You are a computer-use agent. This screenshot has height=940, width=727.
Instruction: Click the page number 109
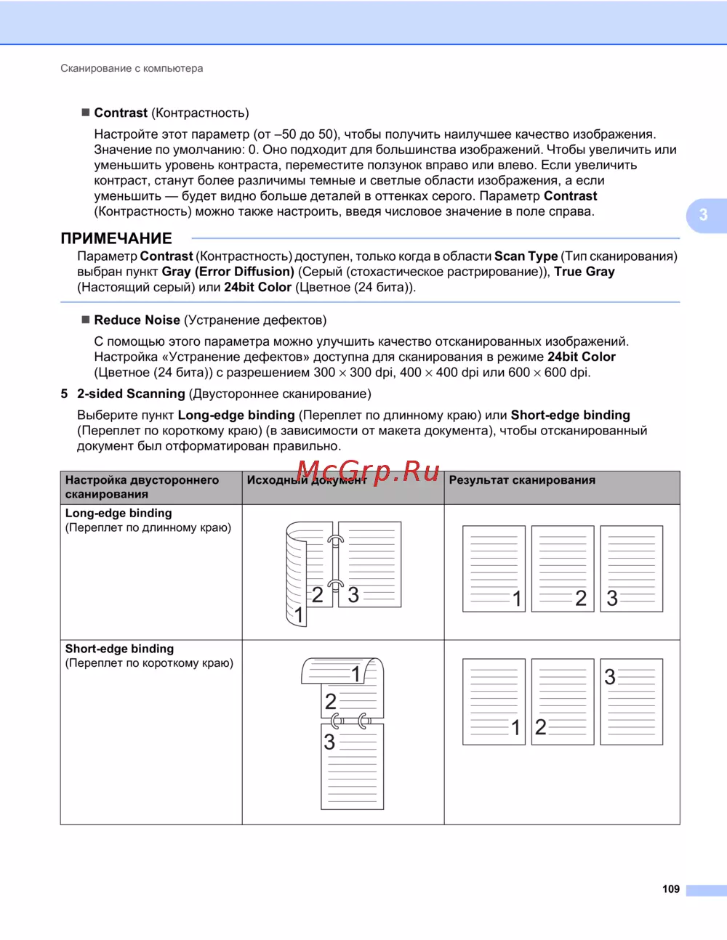tap(670, 889)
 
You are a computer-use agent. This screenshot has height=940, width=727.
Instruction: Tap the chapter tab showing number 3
tap(704, 215)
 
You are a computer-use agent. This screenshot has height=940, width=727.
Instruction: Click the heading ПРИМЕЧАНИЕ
tap(116, 238)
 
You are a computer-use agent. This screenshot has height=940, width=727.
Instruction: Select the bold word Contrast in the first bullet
tap(121, 113)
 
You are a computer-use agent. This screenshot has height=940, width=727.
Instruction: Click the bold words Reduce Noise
tap(137, 320)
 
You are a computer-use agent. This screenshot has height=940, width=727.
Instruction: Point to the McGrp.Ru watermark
tap(368, 471)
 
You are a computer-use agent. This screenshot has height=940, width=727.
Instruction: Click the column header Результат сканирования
tap(522, 480)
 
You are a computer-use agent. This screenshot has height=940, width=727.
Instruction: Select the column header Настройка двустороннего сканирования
tap(142, 487)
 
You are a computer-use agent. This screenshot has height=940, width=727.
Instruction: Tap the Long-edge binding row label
tap(119, 513)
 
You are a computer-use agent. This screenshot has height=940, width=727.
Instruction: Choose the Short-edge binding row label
tap(119, 649)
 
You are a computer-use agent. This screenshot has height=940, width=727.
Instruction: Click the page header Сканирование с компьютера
tap(132, 68)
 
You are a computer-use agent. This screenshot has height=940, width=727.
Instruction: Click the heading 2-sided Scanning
tap(131, 394)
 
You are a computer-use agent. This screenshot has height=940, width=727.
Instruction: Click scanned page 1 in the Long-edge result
tap(494, 569)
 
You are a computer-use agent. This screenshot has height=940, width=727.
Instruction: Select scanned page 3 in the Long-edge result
tap(631, 569)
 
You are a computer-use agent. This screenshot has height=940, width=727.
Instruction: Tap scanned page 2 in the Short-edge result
tap(563, 702)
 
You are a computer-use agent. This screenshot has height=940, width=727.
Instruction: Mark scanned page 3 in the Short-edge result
tap(631, 702)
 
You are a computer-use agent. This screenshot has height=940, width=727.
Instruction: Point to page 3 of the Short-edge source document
tap(353, 766)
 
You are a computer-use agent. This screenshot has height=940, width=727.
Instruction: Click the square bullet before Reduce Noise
tap(85, 320)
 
